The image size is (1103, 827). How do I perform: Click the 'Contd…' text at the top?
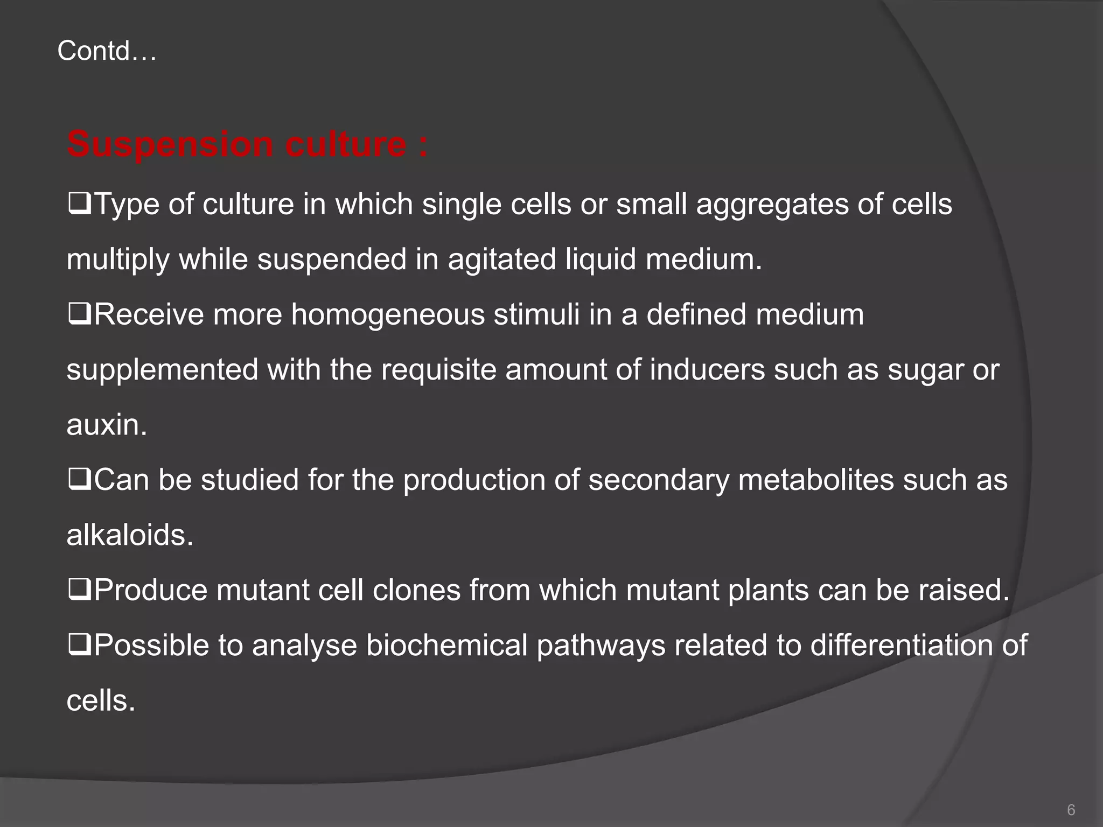click(107, 52)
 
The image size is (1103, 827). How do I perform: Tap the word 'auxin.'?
click(107, 426)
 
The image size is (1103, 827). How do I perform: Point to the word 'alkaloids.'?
click(130, 536)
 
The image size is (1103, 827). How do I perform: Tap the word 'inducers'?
click(707, 370)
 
